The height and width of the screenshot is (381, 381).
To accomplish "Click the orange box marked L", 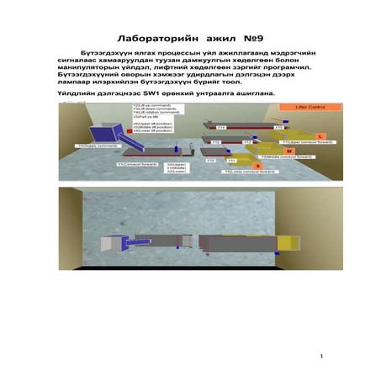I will click(319, 135).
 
